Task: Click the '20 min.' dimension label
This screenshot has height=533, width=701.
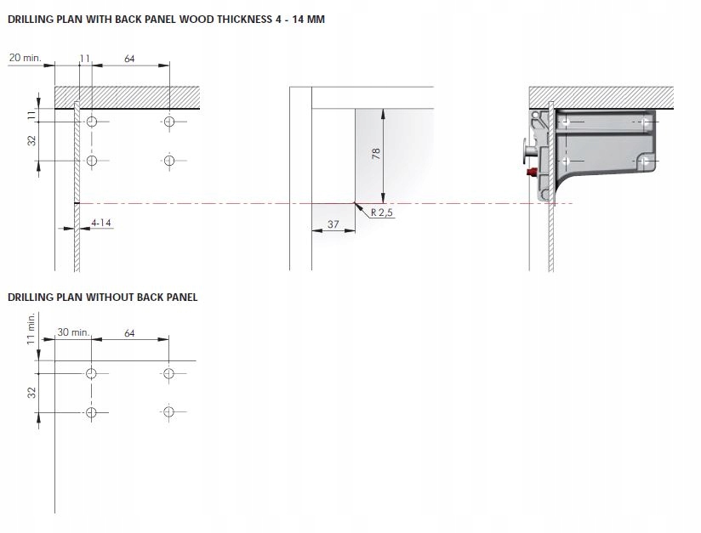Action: click(24, 57)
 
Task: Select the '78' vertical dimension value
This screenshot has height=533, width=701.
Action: click(376, 153)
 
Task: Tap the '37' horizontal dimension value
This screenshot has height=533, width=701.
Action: click(333, 224)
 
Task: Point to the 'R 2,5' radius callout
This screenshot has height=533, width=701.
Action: click(381, 213)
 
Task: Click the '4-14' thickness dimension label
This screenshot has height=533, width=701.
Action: click(101, 223)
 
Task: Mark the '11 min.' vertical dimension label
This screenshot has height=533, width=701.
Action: click(31, 327)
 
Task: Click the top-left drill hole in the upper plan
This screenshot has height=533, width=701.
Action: click(91, 122)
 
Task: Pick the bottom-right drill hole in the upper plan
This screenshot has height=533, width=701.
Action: click(169, 160)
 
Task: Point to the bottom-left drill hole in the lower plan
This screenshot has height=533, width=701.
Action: click(91, 412)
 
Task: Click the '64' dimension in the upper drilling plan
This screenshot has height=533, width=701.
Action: click(129, 59)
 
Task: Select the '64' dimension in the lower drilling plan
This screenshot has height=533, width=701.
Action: click(129, 333)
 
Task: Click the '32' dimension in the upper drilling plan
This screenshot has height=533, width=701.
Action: click(31, 141)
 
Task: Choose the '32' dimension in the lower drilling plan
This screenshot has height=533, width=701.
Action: click(31, 393)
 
